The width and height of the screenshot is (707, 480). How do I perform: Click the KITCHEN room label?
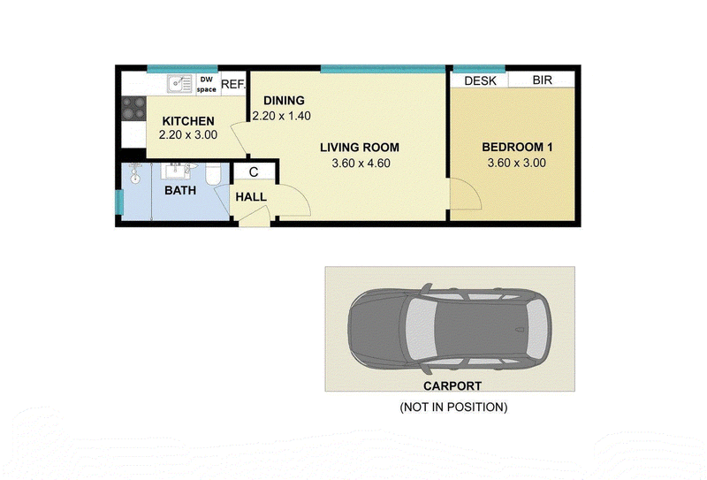[x=188, y=121]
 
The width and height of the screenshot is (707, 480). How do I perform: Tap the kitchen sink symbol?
[x=180, y=84]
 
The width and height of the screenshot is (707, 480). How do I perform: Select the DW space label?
[x=207, y=84]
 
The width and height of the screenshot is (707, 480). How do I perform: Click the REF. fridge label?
[x=233, y=84]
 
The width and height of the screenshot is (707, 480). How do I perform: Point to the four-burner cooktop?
[x=134, y=108]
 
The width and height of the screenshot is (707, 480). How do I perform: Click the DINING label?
[x=284, y=101]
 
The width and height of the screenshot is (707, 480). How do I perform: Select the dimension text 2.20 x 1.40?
[x=281, y=116]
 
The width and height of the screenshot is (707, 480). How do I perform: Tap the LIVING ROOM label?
[x=360, y=148]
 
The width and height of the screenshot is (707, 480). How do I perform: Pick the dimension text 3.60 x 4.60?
[x=361, y=164]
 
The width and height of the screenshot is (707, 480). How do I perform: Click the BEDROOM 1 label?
[x=517, y=147]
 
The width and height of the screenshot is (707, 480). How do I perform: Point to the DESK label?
[x=480, y=80]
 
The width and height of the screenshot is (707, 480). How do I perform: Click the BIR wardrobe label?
[x=542, y=80]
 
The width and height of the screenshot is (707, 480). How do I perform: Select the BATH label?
[x=180, y=190]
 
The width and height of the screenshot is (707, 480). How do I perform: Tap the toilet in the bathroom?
[x=213, y=175]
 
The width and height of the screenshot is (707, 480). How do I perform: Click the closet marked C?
[x=254, y=171]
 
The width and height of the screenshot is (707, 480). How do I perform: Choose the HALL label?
[x=251, y=197]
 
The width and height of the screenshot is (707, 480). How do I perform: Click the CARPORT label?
[x=452, y=385]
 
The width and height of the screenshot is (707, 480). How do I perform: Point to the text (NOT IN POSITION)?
[x=453, y=407]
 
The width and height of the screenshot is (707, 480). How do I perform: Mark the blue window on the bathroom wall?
[x=119, y=202]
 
